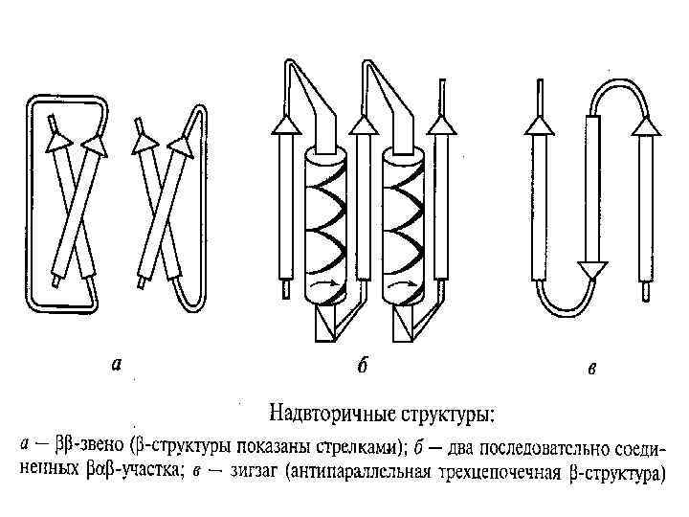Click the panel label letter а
[117, 363]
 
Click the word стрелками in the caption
[365, 446]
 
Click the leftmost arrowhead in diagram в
[540, 125]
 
